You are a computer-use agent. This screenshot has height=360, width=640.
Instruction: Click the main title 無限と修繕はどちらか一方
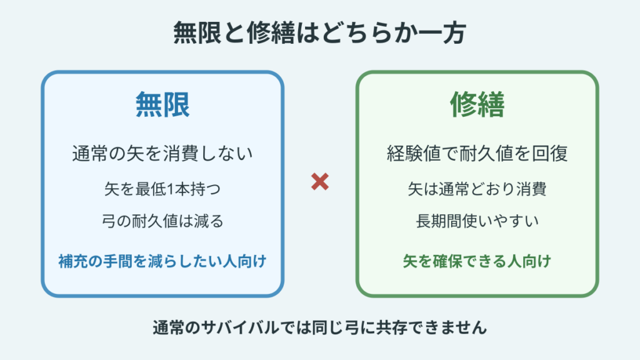tap(319, 32)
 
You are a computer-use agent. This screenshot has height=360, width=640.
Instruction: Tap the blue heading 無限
tap(162, 105)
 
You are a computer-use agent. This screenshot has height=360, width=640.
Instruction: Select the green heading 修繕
tap(477, 105)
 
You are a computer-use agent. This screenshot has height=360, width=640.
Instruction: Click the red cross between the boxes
tap(319, 182)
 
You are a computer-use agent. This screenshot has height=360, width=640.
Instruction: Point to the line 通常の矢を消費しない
tap(162, 154)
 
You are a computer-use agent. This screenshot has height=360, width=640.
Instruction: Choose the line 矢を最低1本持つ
tap(162, 189)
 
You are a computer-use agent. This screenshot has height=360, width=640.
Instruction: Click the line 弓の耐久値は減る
tap(162, 221)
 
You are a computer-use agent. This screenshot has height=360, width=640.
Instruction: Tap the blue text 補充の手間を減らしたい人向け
tap(162, 261)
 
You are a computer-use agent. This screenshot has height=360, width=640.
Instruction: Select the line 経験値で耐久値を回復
tap(477, 154)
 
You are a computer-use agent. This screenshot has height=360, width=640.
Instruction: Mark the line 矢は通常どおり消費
tap(477, 189)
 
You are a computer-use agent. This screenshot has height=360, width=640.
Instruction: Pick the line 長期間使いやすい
tap(477, 221)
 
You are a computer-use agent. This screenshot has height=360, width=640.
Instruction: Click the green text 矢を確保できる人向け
tap(477, 261)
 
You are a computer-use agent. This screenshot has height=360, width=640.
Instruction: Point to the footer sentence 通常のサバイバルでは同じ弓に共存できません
tap(319, 327)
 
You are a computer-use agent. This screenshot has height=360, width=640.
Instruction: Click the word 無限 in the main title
tap(197, 32)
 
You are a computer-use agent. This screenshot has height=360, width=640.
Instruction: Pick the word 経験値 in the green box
tap(414, 154)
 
